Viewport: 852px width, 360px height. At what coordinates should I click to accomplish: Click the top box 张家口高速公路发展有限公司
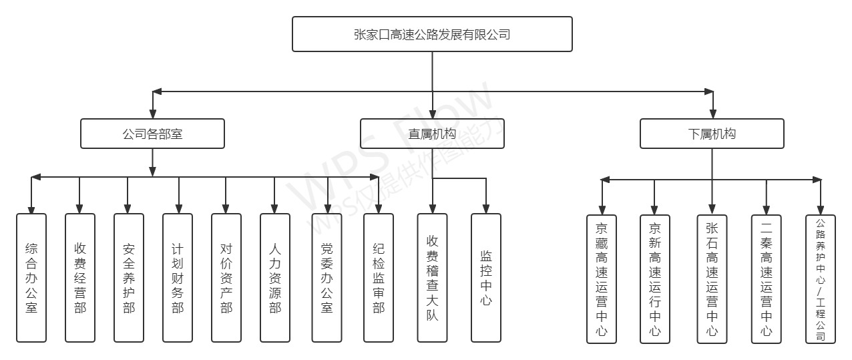432,34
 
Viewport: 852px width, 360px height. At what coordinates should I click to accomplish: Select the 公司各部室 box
152,134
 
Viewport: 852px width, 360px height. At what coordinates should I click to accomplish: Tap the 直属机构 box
432,134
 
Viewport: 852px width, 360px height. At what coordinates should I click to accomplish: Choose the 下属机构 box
712,134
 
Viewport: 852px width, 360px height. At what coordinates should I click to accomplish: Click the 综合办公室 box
31,278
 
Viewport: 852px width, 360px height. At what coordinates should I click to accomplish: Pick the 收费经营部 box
80,278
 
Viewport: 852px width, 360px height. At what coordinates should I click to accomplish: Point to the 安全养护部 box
129,278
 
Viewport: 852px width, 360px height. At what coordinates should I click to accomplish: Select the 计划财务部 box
178,278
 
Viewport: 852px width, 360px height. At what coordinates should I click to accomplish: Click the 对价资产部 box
226,278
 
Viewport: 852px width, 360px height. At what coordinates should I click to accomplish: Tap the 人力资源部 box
275,278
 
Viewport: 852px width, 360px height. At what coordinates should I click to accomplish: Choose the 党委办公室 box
327,278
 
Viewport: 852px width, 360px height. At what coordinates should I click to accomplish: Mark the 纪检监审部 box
379,278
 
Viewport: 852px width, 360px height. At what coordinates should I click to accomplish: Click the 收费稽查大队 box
432,278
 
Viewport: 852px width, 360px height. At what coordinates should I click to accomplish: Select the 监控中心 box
485,278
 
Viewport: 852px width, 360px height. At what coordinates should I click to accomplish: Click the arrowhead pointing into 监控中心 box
485,208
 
